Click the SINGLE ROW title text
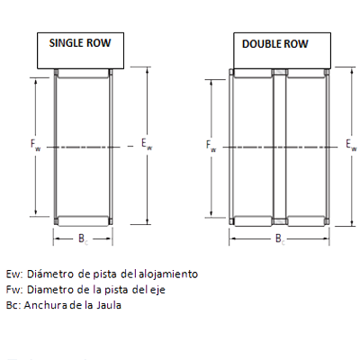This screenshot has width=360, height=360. [x=80, y=43]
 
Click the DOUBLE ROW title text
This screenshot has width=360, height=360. [x=275, y=44]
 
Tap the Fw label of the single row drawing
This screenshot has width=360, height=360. [x=35, y=145]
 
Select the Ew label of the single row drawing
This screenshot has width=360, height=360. [x=147, y=144]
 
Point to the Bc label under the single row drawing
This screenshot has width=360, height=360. [x=83, y=238]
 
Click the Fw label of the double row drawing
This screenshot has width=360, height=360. [x=211, y=146]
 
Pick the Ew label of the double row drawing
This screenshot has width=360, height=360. [x=351, y=144]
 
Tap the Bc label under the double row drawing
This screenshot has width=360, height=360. [x=280, y=239]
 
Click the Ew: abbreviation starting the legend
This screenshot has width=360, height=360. [x=14, y=274]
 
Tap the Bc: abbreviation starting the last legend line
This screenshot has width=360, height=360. [x=13, y=305]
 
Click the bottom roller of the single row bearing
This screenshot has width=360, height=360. [x=83, y=221]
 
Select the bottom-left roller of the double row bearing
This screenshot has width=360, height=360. [x=253, y=221]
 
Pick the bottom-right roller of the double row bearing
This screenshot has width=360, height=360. [x=306, y=221]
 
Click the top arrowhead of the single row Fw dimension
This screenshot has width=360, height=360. [x=36, y=81]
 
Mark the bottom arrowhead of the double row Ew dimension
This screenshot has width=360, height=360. [x=352, y=222]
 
